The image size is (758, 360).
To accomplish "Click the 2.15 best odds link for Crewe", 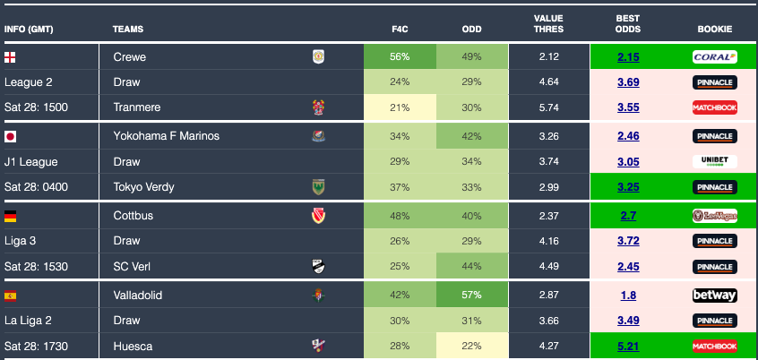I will pyautogui.click(x=628, y=57).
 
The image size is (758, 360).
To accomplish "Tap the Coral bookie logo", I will pyautogui.click(x=714, y=57).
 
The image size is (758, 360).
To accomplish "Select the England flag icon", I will pyautogui.click(x=11, y=57).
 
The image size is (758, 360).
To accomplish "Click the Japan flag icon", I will pyautogui.click(x=11, y=137).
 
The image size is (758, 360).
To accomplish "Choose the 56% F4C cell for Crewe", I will pyautogui.click(x=400, y=57).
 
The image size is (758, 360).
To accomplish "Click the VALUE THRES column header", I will pyautogui.click(x=548, y=23).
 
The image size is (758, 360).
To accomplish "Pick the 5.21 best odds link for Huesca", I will pyautogui.click(x=628, y=347).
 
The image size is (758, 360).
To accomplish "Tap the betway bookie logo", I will pyautogui.click(x=714, y=296).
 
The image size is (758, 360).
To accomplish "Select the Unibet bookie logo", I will pyautogui.click(x=714, y=162).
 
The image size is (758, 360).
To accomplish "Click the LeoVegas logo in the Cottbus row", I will pyautogui.click(x=714, y=216).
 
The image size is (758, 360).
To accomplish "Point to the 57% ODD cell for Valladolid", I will pyautogui.click(x=472, y=296).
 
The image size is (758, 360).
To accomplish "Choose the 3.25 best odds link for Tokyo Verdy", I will pyautogui.click(x=628, y=187).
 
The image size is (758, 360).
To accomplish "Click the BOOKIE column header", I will pyautogui.click(x=714, y=30).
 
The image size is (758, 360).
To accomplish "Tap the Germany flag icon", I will pyautogui.click(x=11, y=216).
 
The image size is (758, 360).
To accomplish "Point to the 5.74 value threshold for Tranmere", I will pyautogui.click(x=548, y=107).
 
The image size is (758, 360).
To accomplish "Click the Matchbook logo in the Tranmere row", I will pyautogui.click(x=714, y=107).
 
